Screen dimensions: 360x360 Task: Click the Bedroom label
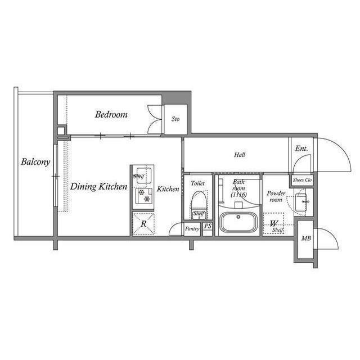tap(111, 114)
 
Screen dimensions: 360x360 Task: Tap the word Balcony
tap(36, 162)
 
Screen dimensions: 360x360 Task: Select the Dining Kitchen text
tap(98, 187)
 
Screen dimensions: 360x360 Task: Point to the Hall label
tap(240, 154)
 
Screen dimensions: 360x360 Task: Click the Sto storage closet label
tap(175, 119)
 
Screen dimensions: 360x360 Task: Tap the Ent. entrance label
tap(301, 148)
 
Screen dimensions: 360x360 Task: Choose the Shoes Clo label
tap(302, 180)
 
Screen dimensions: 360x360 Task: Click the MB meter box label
tap(306, 239)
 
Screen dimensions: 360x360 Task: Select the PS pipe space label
tap(208, 227)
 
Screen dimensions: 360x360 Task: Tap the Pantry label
tap(192, 228)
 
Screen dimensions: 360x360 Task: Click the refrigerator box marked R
tap(144, 224)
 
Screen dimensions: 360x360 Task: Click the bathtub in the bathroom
tap(238, 222)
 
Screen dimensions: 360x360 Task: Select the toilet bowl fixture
tap(198, 201)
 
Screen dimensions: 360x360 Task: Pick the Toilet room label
tap(197, 183)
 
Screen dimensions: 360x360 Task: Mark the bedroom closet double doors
tap(153, 119)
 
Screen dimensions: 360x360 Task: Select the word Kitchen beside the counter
tap(168, 190)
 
